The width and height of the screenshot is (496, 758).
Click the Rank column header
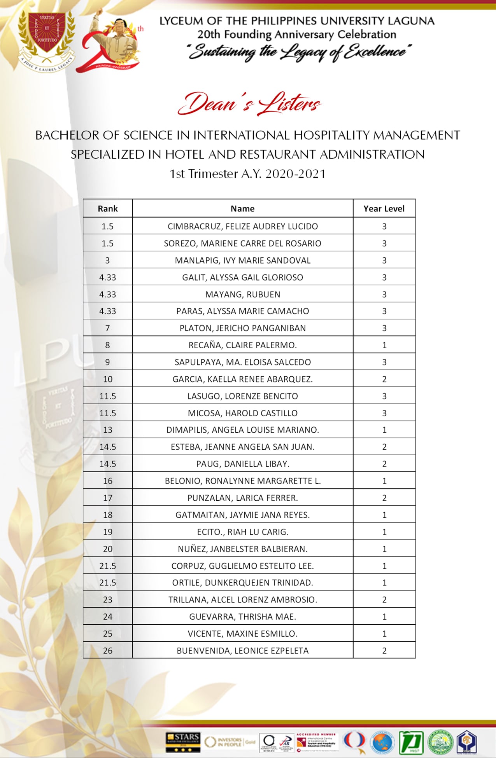click(x=108, y=209)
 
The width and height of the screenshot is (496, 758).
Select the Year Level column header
click(x=384, y=209)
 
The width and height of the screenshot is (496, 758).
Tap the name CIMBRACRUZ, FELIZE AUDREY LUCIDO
click(x=243, y=226)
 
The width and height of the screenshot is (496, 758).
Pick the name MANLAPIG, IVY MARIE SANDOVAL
click(x=243, y=260)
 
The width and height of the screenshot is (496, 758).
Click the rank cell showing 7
click(x=108, y=328)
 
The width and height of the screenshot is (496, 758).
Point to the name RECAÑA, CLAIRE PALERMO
click(x=243, y=345)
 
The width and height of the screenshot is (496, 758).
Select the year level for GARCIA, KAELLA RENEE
click(x=384, y=379)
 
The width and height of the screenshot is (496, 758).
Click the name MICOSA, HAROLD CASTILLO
click(x=243, y=413)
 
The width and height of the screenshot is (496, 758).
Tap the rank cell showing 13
click(x=108, y=430)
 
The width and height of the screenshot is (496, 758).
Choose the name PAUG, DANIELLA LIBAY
click(x=243, y=464)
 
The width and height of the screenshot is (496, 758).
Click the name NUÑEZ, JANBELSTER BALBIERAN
click(x=243, y=549)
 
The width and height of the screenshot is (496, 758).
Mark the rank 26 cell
click(x=108, y=651)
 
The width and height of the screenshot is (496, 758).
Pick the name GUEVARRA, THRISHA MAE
click(x=243, y=617)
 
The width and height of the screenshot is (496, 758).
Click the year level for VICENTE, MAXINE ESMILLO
click(x=384, y=634)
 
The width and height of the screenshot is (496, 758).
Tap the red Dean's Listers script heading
click(x=249, y=104)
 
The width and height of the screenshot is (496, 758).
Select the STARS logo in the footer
click(x=183, y=742)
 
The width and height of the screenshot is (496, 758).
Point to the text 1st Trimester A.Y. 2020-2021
click(x=247, y=174)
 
